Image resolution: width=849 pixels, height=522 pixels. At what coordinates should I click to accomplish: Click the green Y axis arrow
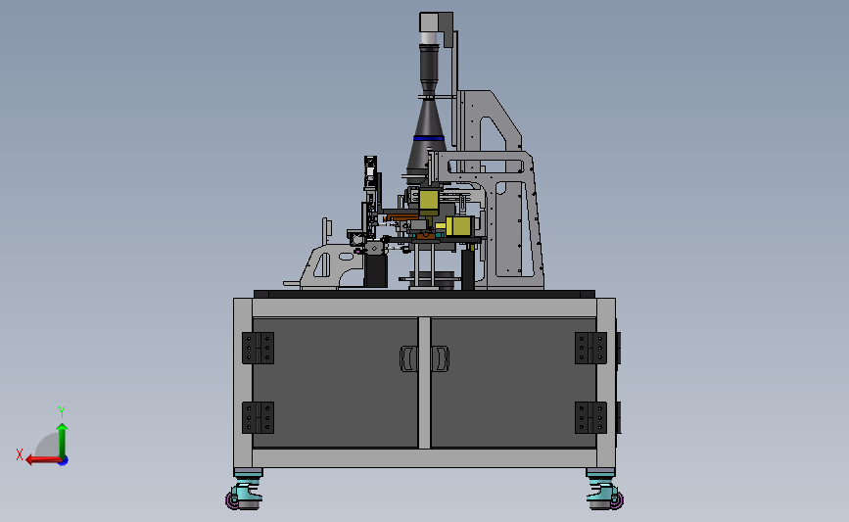[63, 441]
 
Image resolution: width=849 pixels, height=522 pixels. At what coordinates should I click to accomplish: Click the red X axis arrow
[44, 459]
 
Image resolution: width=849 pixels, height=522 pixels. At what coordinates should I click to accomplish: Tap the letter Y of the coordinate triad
[61, 412]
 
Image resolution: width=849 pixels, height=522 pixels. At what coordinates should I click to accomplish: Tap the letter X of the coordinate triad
[20, 454]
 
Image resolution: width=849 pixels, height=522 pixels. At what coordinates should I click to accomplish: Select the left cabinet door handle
[408, 358]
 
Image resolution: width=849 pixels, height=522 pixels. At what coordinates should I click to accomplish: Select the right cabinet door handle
[440, 358]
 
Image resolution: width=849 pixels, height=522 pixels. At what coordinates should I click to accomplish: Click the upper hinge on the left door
[258, 349]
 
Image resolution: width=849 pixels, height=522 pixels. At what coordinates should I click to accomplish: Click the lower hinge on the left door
[258, 417]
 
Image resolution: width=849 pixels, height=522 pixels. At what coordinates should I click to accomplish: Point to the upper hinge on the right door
[590, 349]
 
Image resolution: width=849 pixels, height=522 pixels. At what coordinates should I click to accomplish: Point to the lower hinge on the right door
[590, 417]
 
